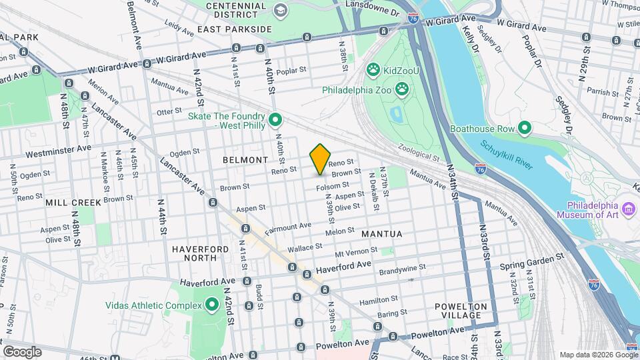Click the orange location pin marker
320,159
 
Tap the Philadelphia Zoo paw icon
403,89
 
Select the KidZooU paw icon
373,69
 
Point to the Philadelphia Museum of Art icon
628,211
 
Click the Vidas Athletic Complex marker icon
213,305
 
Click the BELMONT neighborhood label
245,160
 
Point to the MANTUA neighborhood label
382,234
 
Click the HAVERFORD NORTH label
194,253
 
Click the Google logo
22,351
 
